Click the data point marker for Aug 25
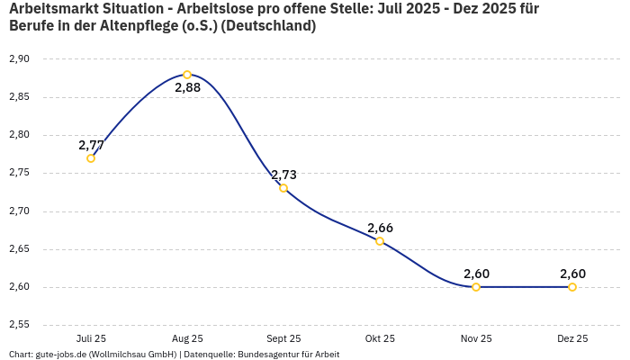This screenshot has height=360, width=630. [x=187, y=75]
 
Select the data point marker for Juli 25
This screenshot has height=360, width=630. [x=91, y=158]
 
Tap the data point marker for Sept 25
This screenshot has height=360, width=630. [x=283, y=188]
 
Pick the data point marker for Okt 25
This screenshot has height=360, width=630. [x=380, y=241]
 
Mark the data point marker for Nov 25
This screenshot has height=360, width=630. [x=476, y=287]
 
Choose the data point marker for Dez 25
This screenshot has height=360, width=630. [x=572, y=287]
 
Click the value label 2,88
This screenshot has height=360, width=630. [x=187, y=88]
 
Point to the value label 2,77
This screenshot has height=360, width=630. [x=91, y=145]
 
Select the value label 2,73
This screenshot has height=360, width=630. [x=283, y=175]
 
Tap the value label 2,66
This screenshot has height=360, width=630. [x=380, y=228]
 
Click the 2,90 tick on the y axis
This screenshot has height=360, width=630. [x=19, y=59]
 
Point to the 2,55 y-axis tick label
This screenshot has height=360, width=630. [x=19, y=325]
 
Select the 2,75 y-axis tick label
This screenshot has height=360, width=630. [x=19, y=173]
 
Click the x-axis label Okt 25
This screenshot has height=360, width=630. [x=380, y=339]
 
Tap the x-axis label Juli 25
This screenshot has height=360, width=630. [x=91, y=339]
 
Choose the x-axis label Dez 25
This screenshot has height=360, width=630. [x=572, y=339]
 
